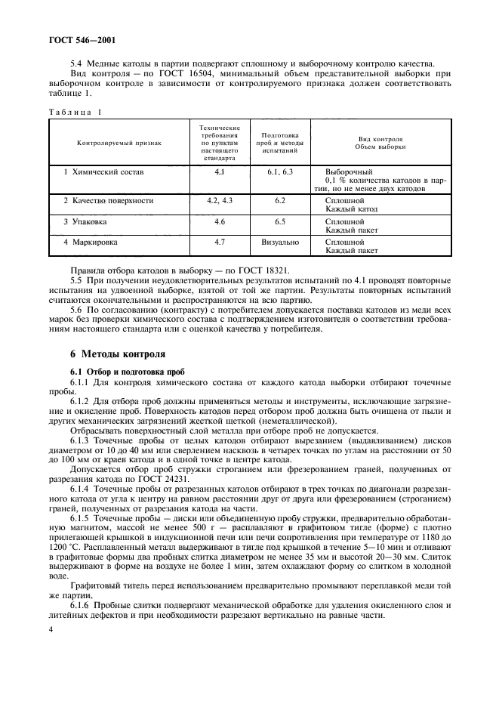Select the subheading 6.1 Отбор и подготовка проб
pos(122,372)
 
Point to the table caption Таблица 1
pos(75,111)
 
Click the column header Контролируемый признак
pos(119,141)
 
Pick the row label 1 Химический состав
pos(103,172)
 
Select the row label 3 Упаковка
pos(91,223)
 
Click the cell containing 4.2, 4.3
pos(220,201)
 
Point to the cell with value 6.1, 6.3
pos(279,172)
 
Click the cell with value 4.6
pos(220,223)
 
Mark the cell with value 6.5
pos(279,223)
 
